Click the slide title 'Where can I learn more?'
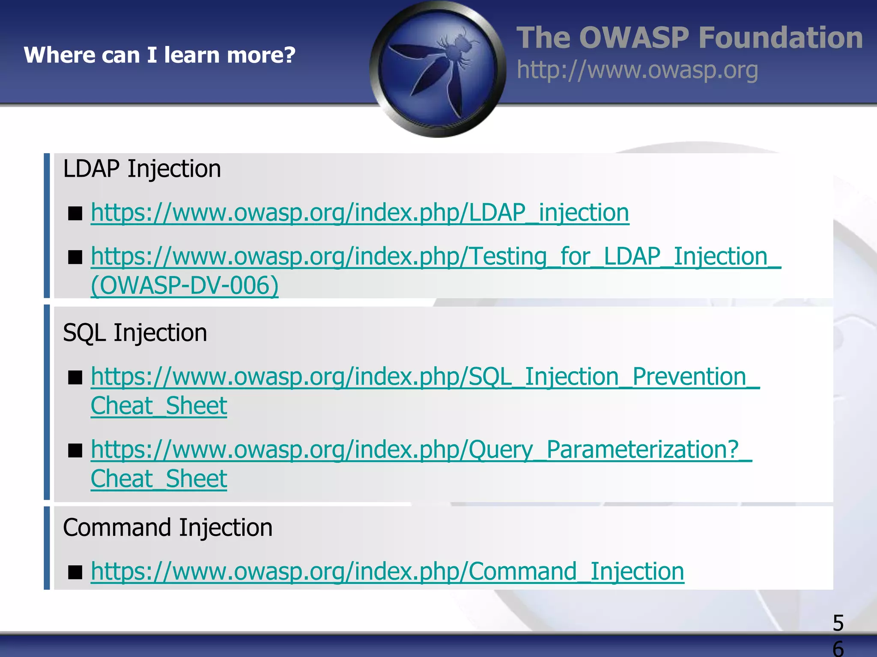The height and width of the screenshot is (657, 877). click(x=159, y=55)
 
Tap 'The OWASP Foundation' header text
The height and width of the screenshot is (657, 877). click(x=689, y=38)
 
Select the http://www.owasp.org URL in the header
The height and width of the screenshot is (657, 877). click(x=637, y=70)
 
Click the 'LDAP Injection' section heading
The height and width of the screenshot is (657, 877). click(x=142, y=169)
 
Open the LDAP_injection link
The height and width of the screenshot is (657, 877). click(x=360, y=213)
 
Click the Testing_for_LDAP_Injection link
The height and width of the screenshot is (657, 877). click(x=436, y=257)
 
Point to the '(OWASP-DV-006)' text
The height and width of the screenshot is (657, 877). click(x=185, y=285)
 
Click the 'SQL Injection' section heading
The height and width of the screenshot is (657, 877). click(x=135, y=333)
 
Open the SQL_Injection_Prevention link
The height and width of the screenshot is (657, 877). click(x=425, y=377)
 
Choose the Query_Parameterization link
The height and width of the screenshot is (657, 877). click(x=421, y=450)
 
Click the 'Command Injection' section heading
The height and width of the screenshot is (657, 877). click(x=167, y=527)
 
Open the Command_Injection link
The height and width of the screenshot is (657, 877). click(x=387, y=571)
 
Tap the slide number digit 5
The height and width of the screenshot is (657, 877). click(x=838, y=623)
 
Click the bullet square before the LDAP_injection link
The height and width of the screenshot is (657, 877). click(x=75, y=213)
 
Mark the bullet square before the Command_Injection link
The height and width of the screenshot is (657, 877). click(x=75, y=572)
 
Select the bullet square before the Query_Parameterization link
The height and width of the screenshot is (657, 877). click(x=75, y=450)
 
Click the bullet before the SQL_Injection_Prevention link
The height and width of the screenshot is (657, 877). click(x=75, y=377)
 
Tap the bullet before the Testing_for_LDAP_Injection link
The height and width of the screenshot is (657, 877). click(x=75, y=257)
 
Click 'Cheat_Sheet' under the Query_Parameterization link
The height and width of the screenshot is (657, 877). click(x=159, y=479)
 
